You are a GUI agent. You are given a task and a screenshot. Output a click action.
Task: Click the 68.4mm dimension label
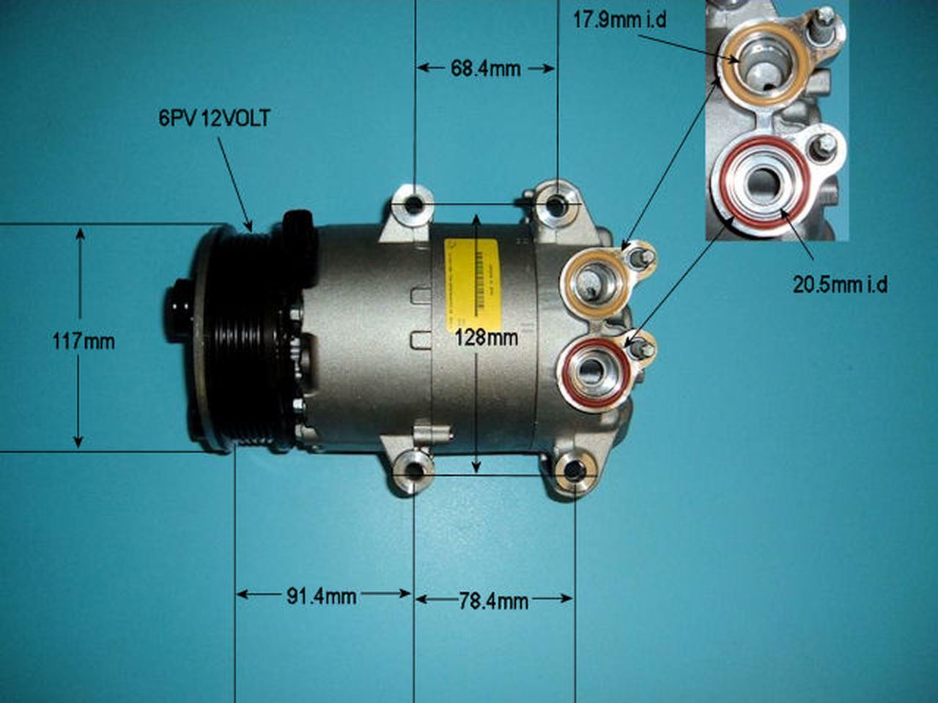tap(485, 69)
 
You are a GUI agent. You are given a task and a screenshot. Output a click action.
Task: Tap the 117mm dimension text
tap(84, 341)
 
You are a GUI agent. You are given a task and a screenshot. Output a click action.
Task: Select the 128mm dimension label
tap(486, 338)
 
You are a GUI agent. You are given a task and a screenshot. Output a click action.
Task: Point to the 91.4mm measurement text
tap(321, 596)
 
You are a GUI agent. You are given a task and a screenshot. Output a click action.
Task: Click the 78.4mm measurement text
tap(493, 601)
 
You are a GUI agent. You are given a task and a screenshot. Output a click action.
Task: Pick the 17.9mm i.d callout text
tap(619, 20)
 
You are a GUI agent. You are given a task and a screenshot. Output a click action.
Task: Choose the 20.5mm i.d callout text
tap(840, 284)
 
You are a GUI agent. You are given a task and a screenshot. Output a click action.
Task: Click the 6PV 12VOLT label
tap(214, 119)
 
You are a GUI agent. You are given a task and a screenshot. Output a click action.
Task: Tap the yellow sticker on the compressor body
tap(470, 278)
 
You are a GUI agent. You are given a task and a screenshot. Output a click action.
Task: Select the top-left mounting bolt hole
tap(414, 206)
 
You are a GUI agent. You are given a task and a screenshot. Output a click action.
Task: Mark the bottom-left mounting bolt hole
tap(414, 472)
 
